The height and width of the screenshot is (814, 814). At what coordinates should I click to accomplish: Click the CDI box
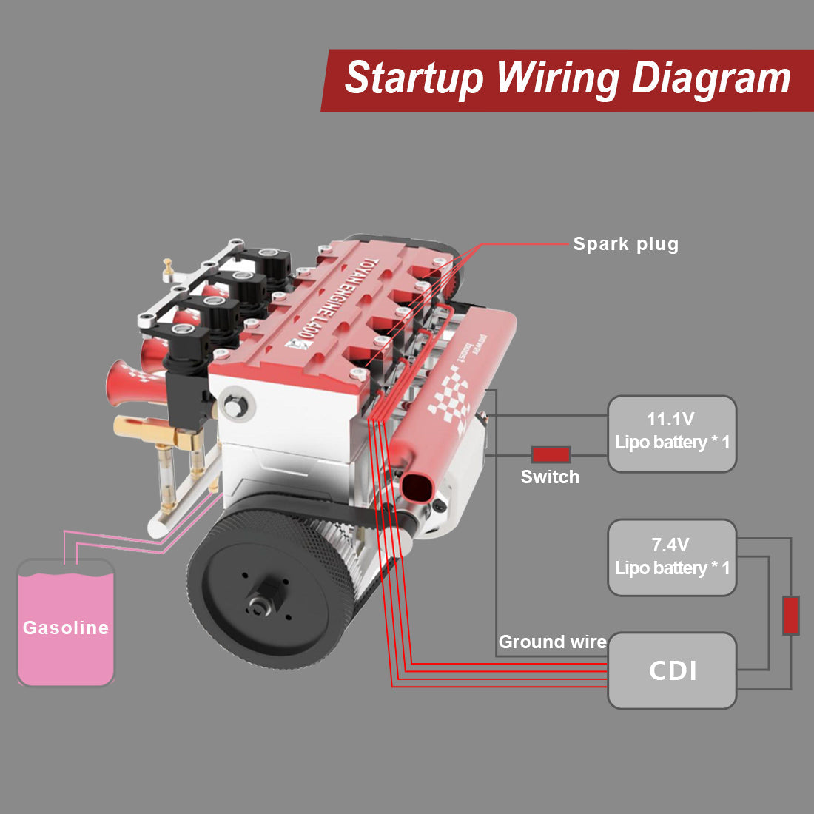(x=672, y=670)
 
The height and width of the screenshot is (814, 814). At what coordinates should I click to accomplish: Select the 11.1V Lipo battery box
(x=672, y=434)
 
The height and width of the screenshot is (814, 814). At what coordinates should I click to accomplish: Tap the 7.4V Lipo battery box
(x=672, y=558)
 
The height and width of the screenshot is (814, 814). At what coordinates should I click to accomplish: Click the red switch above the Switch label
(x=551, y=454)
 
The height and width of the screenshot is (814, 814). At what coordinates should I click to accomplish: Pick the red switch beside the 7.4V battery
(x=791, y=615)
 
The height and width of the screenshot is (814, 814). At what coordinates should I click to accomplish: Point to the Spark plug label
(x=625, y=244)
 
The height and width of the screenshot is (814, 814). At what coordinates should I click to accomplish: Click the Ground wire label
(x=552, y=642)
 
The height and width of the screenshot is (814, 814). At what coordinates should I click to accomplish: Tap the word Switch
(x=550, y=477)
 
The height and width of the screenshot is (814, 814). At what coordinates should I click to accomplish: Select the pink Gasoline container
(x=66, y=622)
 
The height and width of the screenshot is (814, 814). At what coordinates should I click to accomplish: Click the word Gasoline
(x=66, y=628)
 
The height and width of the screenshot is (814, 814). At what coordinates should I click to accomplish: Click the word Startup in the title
(x=414, y=78)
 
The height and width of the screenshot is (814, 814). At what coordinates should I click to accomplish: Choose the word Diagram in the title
(x=711, y=78)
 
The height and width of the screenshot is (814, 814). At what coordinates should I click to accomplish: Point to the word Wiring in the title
(x=557, y=78)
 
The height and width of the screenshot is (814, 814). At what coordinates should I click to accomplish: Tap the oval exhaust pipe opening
(x=416, y=488)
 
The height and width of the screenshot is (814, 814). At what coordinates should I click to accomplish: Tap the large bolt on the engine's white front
(x=236, y=406)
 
